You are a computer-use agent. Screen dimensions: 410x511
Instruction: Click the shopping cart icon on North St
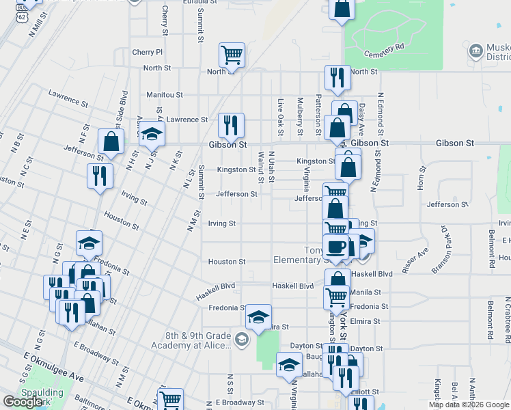pyautogui.click(x=232, y=55)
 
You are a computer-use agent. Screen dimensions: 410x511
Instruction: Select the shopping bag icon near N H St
pyautogui.click(x=111, y=142)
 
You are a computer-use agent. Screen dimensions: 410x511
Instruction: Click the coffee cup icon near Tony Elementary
pyautogui.click(x=336, y=246)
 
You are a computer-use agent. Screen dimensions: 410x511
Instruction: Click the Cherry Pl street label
pyautogui.click(x=148, y=52)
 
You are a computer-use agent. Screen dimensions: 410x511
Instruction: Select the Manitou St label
pyautogui.click(x=165, y=95)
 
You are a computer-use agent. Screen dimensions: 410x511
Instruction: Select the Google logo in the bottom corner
pyautogui.click(x=23, y=402)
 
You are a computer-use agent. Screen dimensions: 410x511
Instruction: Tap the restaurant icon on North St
pyautogui.click(x=337, y=78)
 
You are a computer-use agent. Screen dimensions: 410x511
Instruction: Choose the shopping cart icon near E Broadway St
pyautogui.click(x=170, y=400)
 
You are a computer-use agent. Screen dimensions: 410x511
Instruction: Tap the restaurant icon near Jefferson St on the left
pyautogui.click(x=100, y=176)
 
